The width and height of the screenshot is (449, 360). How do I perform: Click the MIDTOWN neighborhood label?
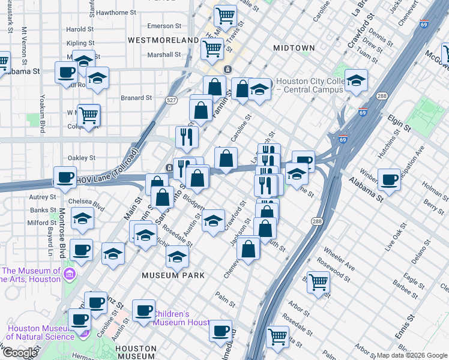[x=294, y=47]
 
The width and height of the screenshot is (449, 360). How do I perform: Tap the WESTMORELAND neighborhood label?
[x=163, y=40]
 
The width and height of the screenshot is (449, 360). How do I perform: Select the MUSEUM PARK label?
[x=173, y=275]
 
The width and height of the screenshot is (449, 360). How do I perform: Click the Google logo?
[x=20, y=352]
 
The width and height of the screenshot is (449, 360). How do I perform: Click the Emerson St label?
[x=164, y=26]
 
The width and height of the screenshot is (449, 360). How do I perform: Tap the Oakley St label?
[x=83, y=158]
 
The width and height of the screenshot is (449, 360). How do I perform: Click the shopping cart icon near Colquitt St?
[x=89, y=115]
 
